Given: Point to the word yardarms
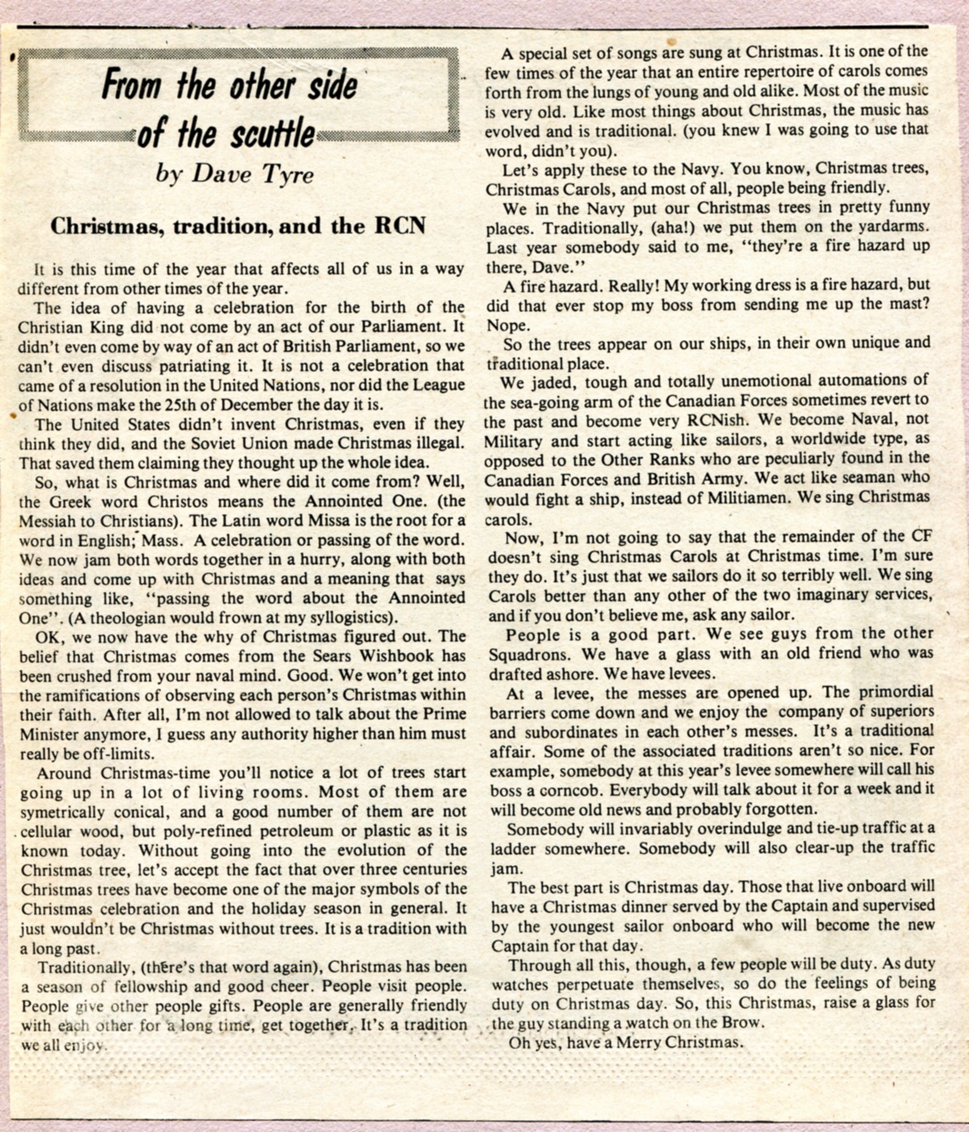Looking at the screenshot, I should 893,227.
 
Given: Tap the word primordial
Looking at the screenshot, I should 896,693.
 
